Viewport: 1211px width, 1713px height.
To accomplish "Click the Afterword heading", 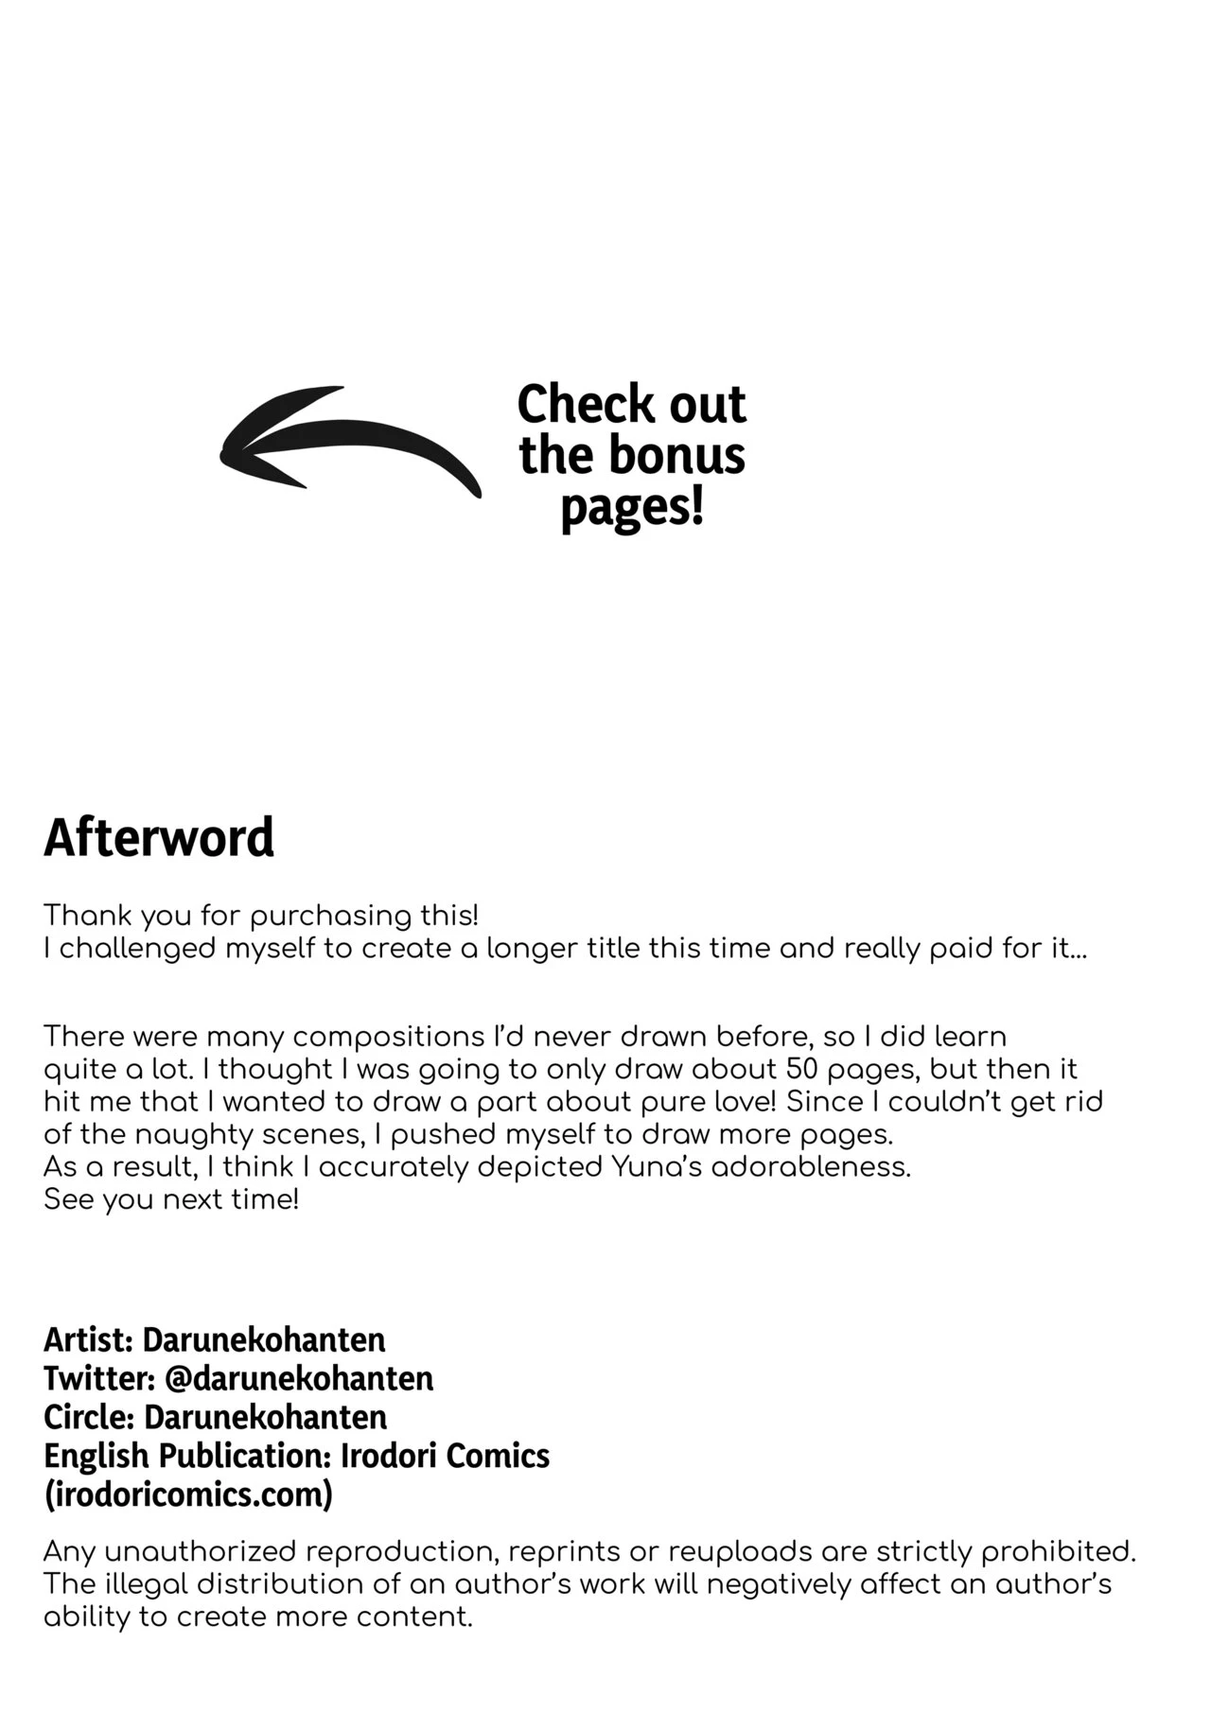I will tap(159, 837).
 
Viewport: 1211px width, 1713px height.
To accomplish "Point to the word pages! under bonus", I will tap(632, 509).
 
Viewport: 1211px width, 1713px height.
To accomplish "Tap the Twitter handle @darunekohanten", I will tap(299, 1378).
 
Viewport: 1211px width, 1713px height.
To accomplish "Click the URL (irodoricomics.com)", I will tap(188, 1495).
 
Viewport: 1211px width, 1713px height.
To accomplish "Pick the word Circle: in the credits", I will tap(89, 1417).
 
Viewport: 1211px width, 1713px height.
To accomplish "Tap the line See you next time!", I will tap(171, 1199).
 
